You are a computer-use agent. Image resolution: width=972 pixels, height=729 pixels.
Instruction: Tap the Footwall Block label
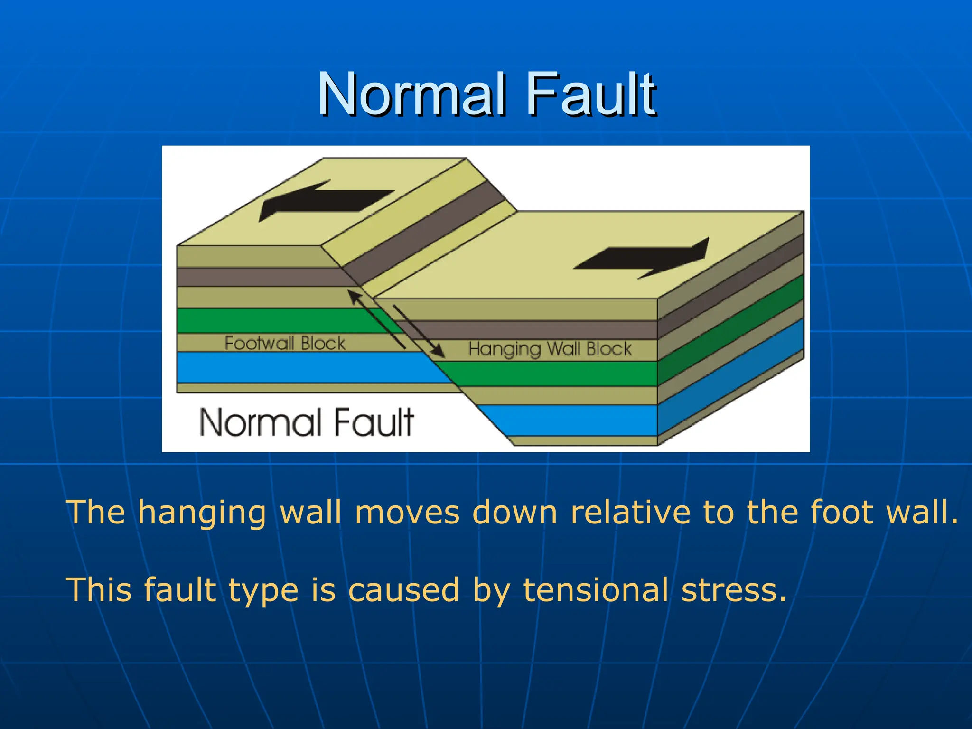point(285,343)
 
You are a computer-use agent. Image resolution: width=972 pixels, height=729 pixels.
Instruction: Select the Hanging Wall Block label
point(550,349)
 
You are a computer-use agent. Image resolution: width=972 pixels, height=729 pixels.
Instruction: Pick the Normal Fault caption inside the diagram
point(307,422)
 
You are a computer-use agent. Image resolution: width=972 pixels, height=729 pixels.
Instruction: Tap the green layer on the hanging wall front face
point(546,374)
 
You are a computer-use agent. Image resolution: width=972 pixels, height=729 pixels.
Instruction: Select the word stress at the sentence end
point(733,590)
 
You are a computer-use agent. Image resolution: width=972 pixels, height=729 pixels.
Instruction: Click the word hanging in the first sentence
point(202,513)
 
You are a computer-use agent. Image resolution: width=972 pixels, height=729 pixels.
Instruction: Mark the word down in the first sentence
point(515,512)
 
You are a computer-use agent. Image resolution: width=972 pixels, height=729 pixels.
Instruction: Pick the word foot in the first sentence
point(841,512)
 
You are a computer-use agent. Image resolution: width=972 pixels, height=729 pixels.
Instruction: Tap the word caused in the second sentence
point(403,590)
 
